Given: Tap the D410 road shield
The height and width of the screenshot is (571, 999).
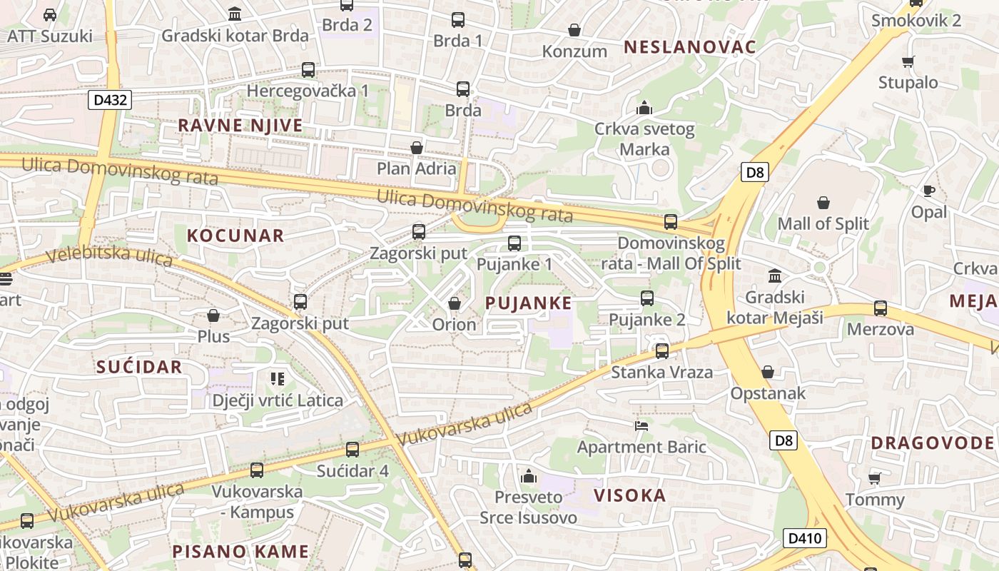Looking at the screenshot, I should point(806,538).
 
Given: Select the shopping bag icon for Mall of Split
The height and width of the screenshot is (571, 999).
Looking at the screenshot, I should point(823,203).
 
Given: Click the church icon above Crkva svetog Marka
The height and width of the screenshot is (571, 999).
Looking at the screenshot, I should point(644,108).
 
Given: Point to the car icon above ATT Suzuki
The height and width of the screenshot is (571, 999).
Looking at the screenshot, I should point(50,15).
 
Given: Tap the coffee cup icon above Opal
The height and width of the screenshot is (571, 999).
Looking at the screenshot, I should point(928,191).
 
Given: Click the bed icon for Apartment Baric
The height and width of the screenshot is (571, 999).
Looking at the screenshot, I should point(642,426).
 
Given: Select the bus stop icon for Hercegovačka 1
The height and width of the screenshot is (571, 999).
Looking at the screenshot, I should point(308,70).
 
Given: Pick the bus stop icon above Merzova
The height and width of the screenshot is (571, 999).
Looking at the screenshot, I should point(881,308).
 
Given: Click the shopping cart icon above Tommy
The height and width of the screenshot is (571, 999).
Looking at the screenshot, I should point(874,478).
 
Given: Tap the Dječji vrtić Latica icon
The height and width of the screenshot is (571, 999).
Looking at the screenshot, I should point(278,378).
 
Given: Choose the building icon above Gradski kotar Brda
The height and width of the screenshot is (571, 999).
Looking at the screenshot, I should point(235,14).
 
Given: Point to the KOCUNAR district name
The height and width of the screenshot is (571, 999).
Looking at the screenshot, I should point(235,236).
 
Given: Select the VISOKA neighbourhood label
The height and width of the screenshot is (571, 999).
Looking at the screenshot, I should point(630,495).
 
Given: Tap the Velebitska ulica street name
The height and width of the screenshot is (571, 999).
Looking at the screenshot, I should point(109,256).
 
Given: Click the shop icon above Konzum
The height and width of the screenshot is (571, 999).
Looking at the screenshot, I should point(574,30).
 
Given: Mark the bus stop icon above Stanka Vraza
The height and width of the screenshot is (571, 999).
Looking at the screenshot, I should point(662,350).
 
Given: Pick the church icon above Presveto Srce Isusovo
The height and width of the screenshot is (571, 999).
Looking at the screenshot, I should point(529,475).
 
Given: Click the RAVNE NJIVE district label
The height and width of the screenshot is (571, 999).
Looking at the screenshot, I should point(240,126).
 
